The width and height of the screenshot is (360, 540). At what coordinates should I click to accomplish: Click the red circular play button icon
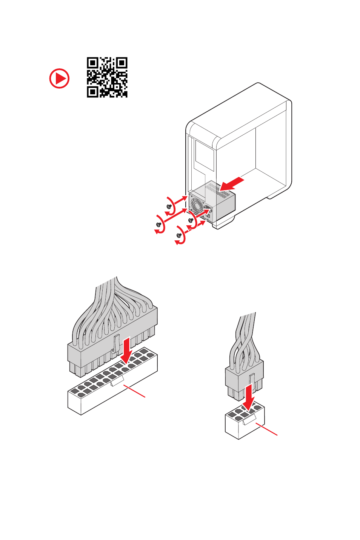59,78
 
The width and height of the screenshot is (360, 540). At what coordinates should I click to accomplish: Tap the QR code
107,77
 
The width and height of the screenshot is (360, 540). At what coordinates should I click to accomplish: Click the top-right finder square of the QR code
122,63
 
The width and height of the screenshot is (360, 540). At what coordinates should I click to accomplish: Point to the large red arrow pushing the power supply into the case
232,183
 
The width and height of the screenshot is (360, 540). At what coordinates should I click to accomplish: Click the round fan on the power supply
197,206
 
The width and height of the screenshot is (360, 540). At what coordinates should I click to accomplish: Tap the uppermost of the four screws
169,206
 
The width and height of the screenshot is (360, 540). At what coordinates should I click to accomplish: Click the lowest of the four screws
179,235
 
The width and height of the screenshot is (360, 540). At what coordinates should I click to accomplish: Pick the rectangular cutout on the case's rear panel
204,155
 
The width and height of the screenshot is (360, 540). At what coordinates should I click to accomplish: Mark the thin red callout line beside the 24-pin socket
135,391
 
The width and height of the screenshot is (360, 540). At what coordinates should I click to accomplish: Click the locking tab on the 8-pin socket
249,419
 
